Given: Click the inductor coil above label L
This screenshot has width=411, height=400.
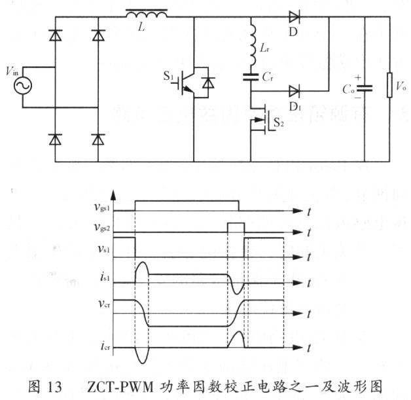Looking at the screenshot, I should [145, 14].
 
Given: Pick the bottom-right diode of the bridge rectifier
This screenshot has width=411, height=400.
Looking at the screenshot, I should [98, 139].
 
